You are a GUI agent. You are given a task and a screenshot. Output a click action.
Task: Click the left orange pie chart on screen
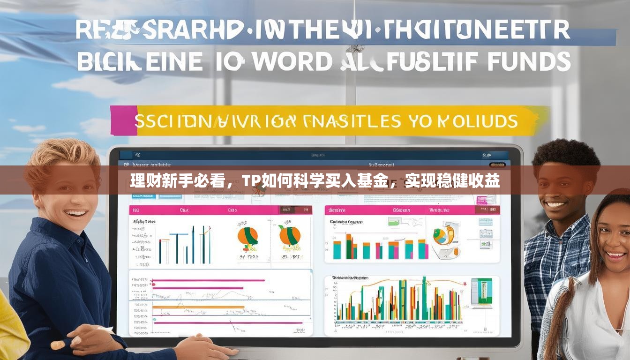[x=247, y=236]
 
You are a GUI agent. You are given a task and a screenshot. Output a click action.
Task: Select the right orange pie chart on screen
[x=290, y=235]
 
